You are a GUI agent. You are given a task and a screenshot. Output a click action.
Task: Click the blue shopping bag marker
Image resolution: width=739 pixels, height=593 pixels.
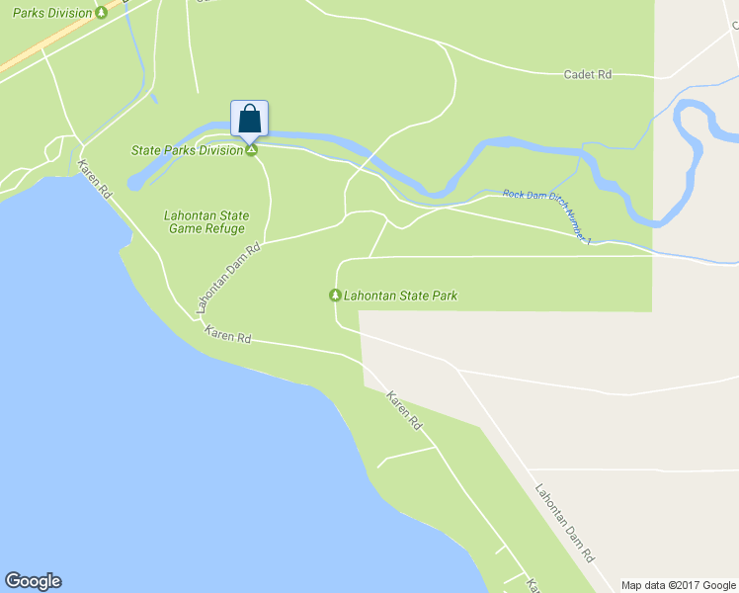coord(250,119)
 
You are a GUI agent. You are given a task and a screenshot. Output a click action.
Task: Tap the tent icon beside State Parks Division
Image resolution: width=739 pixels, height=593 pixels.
coord(252,150)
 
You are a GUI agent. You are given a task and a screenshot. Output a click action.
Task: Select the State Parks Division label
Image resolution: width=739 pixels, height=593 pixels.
coord(188,150)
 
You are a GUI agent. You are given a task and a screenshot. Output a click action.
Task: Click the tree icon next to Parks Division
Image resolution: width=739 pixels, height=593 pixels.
coord(102,13)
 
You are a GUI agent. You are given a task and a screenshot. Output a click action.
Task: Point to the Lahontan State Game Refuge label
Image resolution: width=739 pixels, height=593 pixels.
coord(205,222)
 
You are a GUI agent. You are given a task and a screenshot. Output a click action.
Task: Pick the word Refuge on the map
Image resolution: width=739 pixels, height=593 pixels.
coord(223,229)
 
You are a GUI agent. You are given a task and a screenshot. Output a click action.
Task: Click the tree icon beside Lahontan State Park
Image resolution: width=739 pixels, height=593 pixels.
coord(335,296)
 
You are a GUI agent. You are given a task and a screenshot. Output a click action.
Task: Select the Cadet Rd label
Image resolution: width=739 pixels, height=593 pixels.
coord(588,74)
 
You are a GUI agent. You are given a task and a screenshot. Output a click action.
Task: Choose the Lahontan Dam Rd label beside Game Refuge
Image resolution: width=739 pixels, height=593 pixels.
coord(228,279)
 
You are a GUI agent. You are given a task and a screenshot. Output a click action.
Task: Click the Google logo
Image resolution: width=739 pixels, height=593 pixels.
coord(33,581)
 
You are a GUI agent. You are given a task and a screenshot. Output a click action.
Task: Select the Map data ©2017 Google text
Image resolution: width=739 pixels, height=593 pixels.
coord(679,585)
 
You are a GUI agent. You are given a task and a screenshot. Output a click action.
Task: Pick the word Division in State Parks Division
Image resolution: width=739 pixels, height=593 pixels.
coord(221,150)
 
